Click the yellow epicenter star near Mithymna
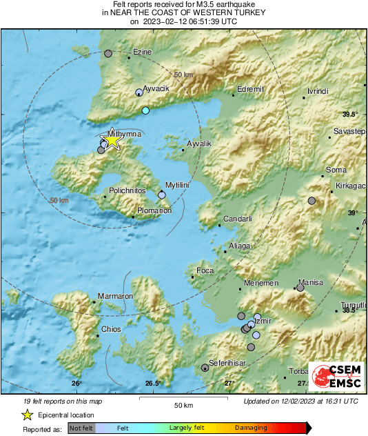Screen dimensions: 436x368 click(x=112, y=141)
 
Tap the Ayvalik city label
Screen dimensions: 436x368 click(x=201, y=143)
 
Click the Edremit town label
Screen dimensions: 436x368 click(x=250, y=89)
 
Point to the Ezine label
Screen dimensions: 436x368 click(x=143, y=52)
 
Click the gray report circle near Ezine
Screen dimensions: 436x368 click(x=108, y=52)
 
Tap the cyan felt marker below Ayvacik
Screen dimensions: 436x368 click(x=145, y=110)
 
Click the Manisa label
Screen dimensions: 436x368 click(x=310, y=283)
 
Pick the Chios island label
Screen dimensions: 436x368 click(x=111, y=330)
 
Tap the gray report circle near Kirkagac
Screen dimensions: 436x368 click(x=311, y=201)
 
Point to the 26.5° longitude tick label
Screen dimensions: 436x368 click(x=153, y=384)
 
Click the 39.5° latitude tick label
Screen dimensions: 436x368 click(x=351, y=114)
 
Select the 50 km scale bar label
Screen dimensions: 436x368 click(x=183, y=404)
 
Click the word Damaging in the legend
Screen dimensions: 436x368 click(x=251, y=428)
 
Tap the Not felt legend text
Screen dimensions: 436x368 click(x=82, y=428)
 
